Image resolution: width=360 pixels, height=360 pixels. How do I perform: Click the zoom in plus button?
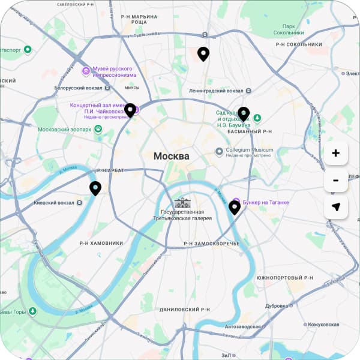[335, 153]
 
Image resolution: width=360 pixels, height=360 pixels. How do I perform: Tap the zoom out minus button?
[335, 180]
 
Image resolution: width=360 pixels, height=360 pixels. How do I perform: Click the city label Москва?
[171, 157]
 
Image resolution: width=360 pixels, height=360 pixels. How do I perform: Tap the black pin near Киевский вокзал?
[95, 188]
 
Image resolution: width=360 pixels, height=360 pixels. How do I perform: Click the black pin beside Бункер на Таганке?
[235, 208]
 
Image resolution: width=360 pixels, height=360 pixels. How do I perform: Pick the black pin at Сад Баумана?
[243, 113]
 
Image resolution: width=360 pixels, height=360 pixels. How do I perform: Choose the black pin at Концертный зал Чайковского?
[130, 110]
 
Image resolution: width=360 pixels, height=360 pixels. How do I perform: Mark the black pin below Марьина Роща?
[203, 54]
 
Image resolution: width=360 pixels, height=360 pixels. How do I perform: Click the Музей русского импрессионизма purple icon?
[86, 71]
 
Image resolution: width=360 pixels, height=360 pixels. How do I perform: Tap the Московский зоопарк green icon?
[98, 129]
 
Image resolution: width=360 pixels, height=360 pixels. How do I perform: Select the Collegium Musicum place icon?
[220, 151]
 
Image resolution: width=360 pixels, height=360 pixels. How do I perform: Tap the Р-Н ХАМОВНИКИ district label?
[101, 243]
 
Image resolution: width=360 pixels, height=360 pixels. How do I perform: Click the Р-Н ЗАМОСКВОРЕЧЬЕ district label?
[211, 243]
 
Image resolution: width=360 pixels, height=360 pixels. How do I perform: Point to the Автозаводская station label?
[243, 327]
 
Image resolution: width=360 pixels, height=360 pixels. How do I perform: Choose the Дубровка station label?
[277, 305]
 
